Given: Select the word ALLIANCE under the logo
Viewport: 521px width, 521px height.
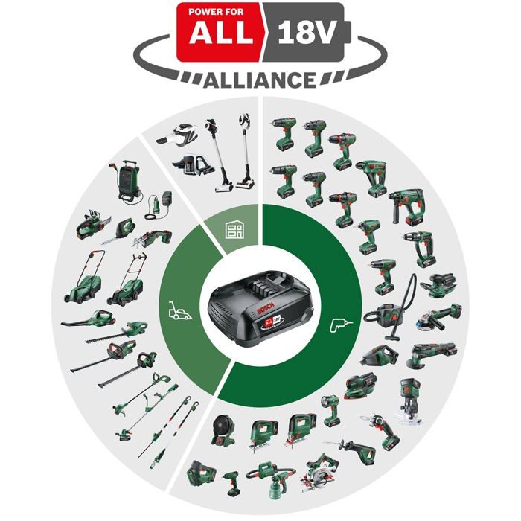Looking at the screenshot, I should pos(260,79).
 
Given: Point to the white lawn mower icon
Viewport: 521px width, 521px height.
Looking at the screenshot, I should pos(178,312).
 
